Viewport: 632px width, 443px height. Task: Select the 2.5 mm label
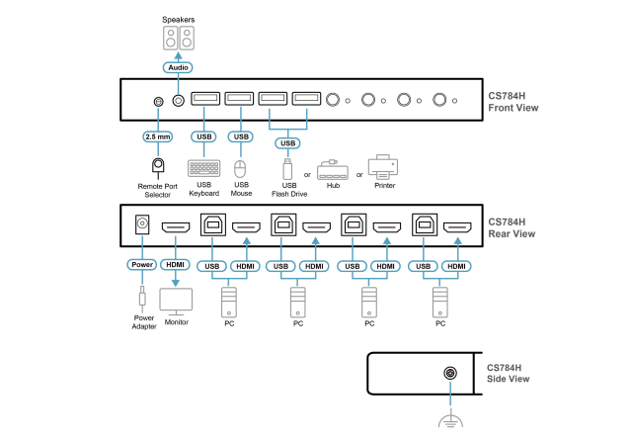click(x=157, y=136)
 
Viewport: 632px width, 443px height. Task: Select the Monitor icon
click(x=176, y=301)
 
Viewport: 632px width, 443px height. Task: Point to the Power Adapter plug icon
click(x=142, y=298)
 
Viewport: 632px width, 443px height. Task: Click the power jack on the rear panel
click(x=142, y=225)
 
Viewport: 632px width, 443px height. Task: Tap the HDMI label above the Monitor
click(x=176, y=265)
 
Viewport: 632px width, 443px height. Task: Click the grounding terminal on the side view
click(x=450, y=374)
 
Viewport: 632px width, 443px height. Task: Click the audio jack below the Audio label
click(x=178, y=100)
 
